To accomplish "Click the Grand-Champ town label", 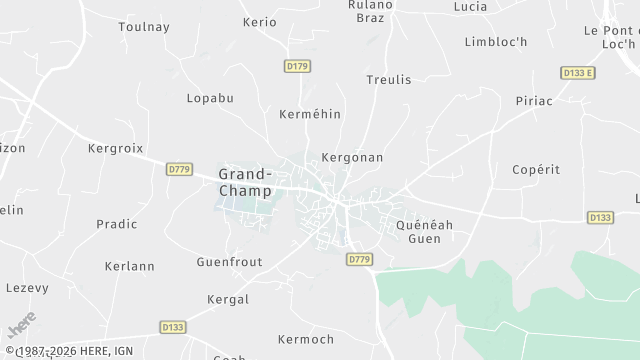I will click(244, 182).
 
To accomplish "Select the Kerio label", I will click(259, 22).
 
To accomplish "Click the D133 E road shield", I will click(577, 73).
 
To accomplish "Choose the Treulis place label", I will click(388, 79).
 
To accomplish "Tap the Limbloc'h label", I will click(496, 41).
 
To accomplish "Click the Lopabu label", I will click(210, 98).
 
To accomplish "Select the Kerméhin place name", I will click(310, 114).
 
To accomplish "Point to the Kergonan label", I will click(352, 158).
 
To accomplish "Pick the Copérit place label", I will click(536, 170).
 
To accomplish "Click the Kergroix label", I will click(117, 148).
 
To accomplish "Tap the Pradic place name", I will click(117, 224).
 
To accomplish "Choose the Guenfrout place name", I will click(229, 261).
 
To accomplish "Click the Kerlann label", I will click(130, 266).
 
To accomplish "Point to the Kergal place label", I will click(226, 300).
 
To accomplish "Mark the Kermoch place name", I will click(306, 340).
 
